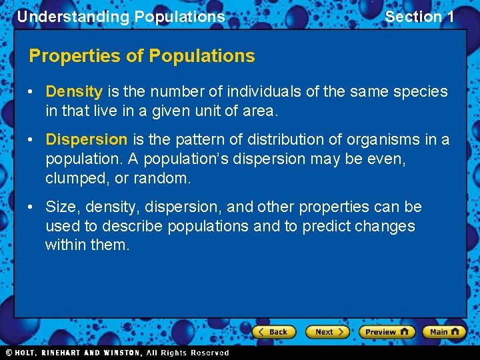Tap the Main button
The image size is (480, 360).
tap(444, 331)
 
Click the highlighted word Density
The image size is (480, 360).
tap(74, 91)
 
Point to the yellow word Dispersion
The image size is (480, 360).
tap(86, 139)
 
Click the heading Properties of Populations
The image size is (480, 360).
tap(142, 56)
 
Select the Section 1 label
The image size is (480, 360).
tap(419, 17)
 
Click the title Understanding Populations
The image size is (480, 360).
tap(121, 17)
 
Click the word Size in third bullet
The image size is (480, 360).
tap(60, 207)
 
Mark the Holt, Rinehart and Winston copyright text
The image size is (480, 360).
tap(117, 353)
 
